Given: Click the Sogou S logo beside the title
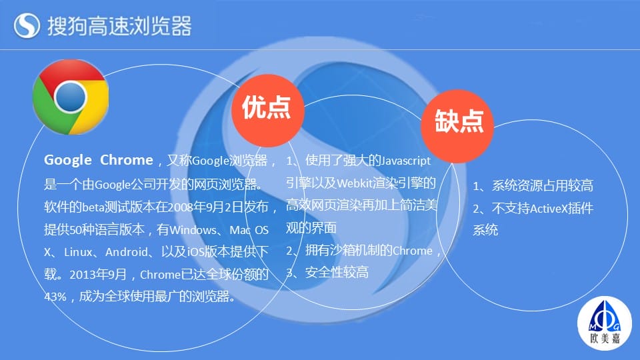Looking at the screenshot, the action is [x=27, y=25].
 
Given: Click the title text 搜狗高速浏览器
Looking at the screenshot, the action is [x=119, y=26].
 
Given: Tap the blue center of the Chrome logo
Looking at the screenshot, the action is [x=70, y=97].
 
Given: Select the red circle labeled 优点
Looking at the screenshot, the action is [x=268, y=110].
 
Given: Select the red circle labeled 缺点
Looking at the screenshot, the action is [x=457, y=126].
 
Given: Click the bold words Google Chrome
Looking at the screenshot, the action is [x=99, y=159].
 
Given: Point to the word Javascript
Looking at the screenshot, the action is [x=406, y=161].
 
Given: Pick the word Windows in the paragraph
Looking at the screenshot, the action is [x=193, y=230].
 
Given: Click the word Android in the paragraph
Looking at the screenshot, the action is [x=127, y=252].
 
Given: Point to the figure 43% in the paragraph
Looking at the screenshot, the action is [x=55, y=296].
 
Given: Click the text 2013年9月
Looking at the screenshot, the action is [x=98, y=274].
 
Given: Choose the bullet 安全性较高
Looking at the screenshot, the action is [x=337, y=272].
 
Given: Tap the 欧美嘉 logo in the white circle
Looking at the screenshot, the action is [x=605, y=323].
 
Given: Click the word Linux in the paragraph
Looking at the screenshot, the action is [x=79, y=252].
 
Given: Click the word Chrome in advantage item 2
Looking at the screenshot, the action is [x=412, y=251].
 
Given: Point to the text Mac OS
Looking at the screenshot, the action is [x=249, y=230].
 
